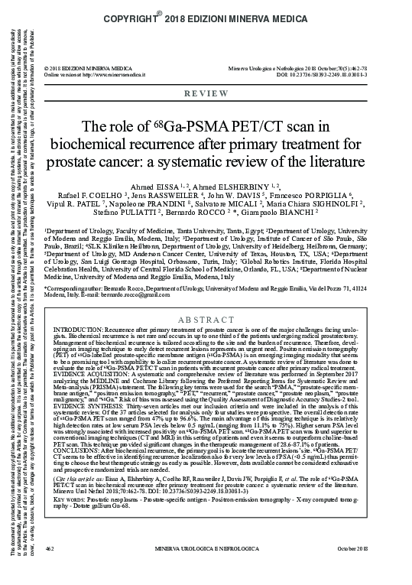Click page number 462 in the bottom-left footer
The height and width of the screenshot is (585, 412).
click(x=50, y=570)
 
